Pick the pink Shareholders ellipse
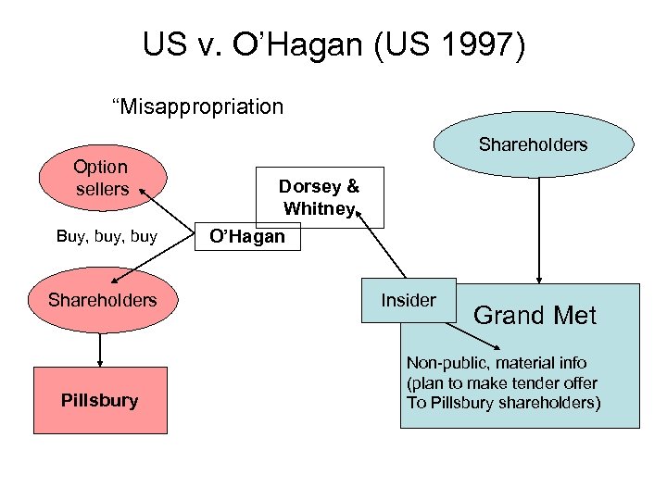click(x=102, y=300)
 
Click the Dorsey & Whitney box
click(x=321, y=196)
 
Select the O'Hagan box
click(x=246, y=236)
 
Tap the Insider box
click(x=408, y=300)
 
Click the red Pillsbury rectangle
click(x=101, y=400)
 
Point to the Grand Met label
click(x=535, y=316)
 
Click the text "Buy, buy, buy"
click(x=107, y=236)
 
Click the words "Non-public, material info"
click(x=496, y=363)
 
